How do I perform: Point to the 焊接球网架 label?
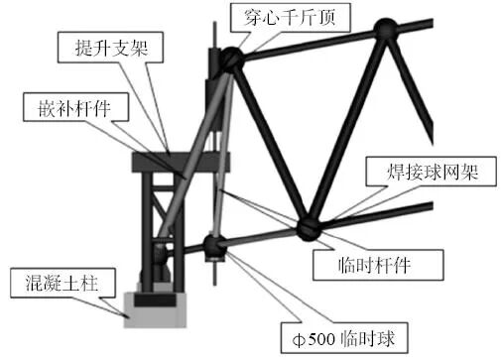click(x=424, y=171)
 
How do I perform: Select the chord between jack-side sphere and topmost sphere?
click(x=308, y=44)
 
